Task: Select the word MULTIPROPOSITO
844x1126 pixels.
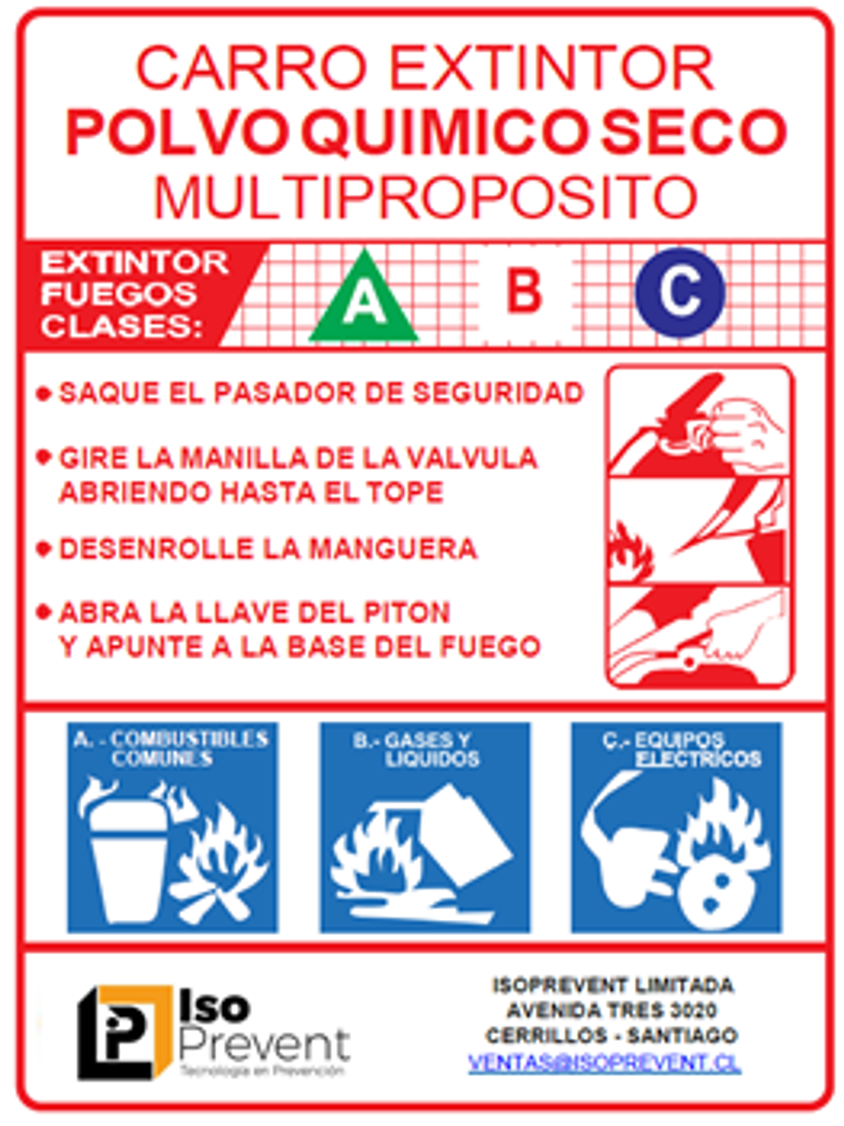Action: coord(426,197)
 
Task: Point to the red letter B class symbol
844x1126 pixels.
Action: coord(524,291)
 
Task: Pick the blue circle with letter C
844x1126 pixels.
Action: coord(680,292)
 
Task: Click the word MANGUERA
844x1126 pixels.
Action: coord(393,549)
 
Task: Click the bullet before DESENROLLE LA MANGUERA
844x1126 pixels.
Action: coord(43,549)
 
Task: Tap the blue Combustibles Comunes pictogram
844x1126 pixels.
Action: coord(172,827)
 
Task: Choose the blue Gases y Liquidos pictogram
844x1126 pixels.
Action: coord(424,827)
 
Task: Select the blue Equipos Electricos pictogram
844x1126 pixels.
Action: coord(676,827)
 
